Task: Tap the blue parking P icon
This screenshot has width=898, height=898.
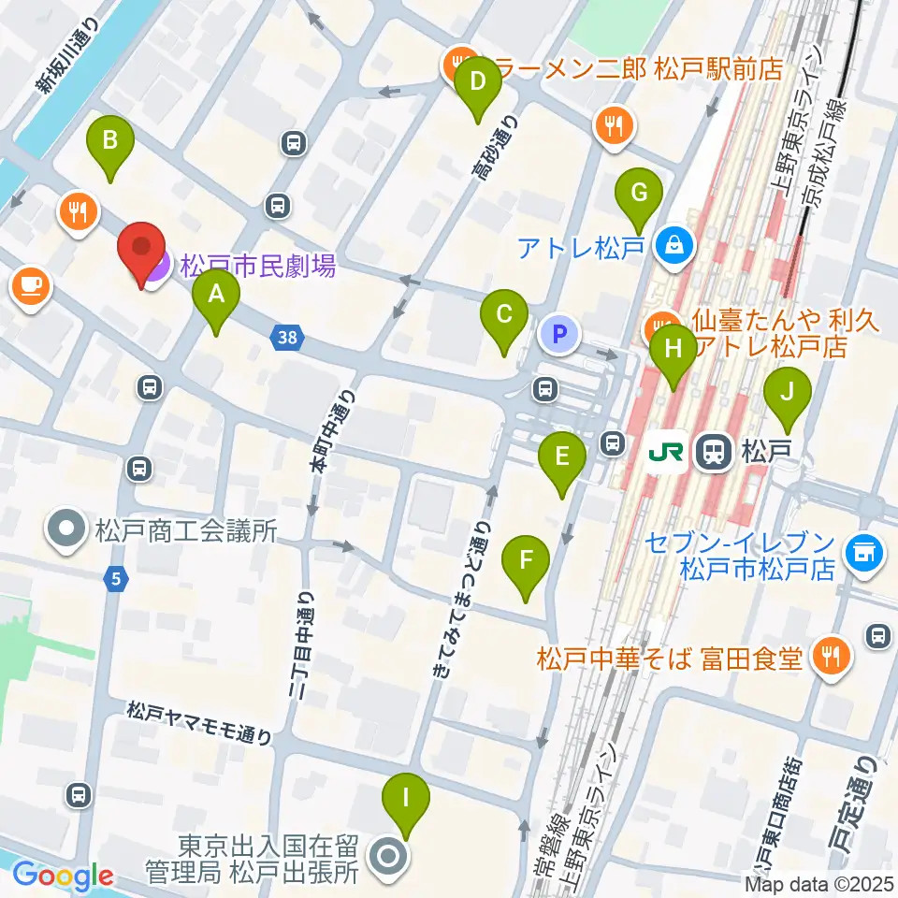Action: point(560,334)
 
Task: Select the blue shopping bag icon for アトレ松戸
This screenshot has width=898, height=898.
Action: point(673,246)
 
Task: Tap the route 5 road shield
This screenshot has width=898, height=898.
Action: point(114,581)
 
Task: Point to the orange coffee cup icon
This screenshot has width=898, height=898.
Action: point(31,284)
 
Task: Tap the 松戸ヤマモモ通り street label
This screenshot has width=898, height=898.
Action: point(200,724)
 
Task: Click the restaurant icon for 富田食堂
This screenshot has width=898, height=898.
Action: point(829,659)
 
